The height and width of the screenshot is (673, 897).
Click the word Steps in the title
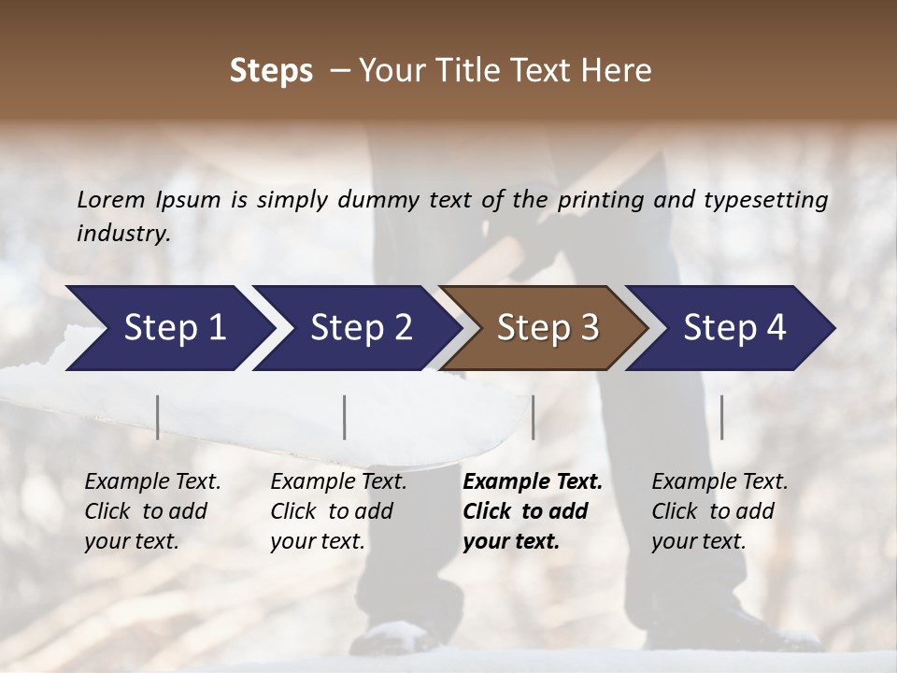[271, 71]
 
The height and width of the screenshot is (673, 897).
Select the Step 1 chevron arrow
[168, 328]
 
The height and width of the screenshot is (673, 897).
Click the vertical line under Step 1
[157, 417]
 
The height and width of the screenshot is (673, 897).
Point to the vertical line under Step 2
[345, 417]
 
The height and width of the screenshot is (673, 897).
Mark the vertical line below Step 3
[533, 417]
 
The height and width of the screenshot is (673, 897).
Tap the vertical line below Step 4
[721, 417]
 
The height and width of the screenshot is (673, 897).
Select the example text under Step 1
[151, 511]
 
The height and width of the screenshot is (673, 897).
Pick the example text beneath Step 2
[337, 511]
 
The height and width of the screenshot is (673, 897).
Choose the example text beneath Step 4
[719, 511]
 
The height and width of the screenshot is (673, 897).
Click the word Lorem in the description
[111, 200]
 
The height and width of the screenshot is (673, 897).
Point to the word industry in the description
[122, 234]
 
